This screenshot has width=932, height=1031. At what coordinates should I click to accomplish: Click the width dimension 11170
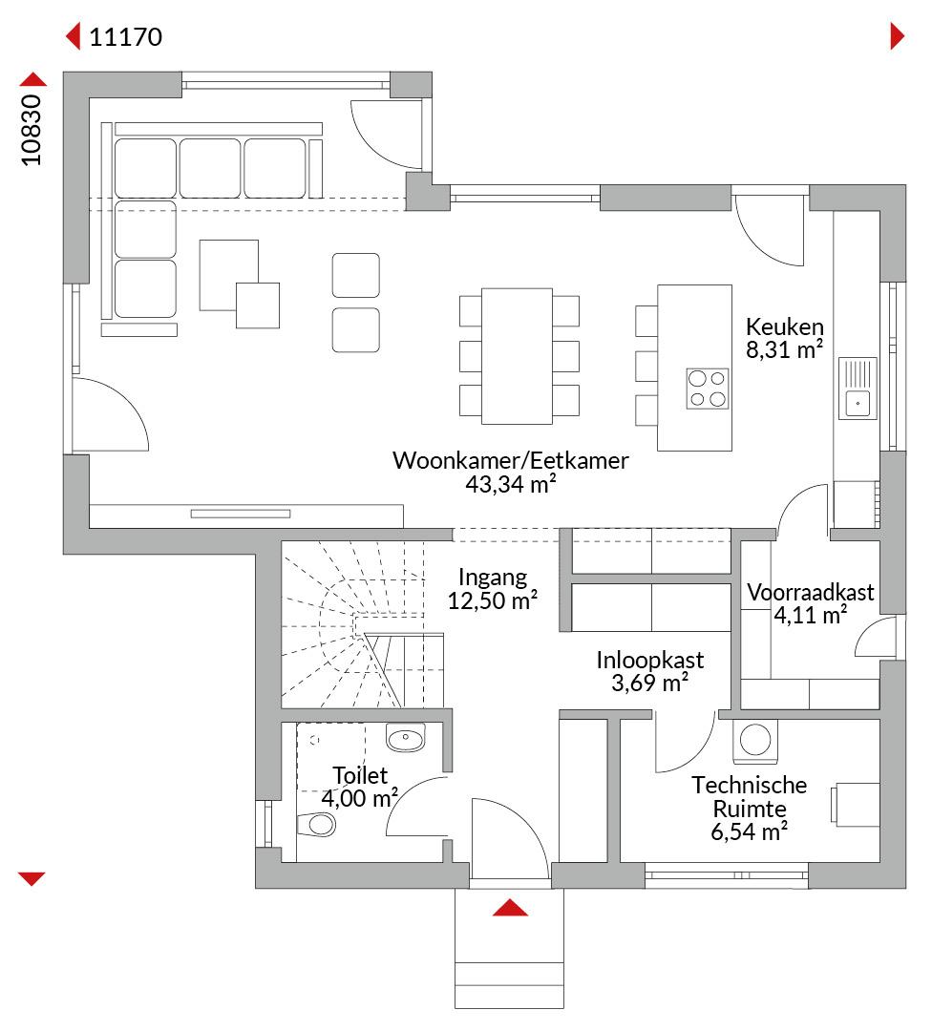126,37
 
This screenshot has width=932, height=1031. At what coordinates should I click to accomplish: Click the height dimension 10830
31,130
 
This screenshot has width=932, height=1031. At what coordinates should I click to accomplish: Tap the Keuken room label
785,326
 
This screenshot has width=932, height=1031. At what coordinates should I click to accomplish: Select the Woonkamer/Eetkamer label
510,460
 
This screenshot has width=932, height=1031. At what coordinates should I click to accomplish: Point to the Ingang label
493,578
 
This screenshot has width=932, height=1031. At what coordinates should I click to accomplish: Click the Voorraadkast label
811,592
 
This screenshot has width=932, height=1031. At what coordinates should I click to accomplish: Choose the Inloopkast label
650,660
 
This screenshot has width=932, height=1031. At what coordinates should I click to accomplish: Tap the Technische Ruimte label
750,796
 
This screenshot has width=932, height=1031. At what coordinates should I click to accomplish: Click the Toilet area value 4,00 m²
360,798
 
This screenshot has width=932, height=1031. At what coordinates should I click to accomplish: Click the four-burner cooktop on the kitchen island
707,389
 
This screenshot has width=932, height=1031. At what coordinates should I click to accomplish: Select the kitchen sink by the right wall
857,389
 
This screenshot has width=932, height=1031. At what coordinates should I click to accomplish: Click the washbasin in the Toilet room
405,738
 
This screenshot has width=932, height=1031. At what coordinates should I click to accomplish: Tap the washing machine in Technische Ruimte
755,741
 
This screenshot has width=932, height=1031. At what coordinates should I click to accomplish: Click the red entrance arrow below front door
510,908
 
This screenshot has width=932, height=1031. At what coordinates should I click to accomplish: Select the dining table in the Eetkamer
517,356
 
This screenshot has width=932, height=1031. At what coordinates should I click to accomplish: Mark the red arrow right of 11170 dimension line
897,36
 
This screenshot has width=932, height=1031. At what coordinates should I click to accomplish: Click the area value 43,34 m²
510,485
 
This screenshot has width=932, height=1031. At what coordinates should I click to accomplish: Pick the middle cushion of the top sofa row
210,168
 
